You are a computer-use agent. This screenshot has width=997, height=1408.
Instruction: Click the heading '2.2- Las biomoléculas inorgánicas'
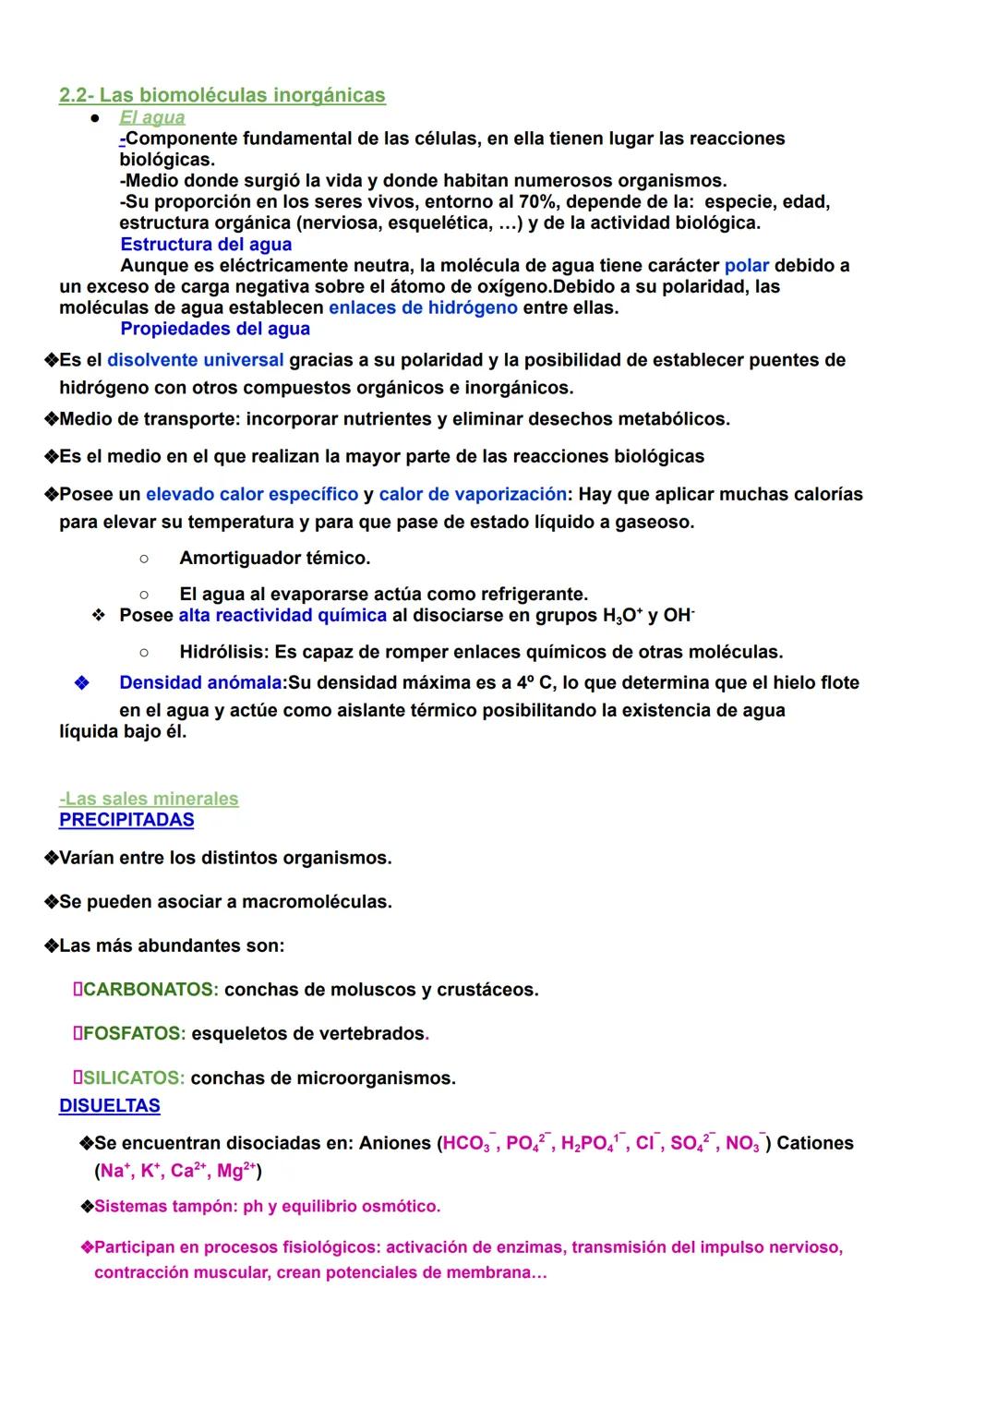[x=222, y=95]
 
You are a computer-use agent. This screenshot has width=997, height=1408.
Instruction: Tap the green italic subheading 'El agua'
[x=152, y=117]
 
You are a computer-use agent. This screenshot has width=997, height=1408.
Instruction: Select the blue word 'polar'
[x=746, y=266]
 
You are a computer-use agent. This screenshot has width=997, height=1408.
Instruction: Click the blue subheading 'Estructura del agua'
[x=206, y=245]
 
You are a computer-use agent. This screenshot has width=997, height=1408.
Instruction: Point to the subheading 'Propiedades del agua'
[x=215, y=329]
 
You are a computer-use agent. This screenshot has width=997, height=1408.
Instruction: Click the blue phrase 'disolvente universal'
[x=196, y=360]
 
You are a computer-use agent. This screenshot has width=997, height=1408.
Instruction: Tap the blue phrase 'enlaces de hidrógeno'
[x=423, y=307]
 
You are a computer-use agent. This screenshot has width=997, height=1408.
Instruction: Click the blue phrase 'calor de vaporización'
[x=473, y=495]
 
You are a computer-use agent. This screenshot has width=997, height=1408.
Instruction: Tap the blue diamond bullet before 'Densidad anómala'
[x=81, y=683]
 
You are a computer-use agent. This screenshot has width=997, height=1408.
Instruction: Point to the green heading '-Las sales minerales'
[x=149, y=799]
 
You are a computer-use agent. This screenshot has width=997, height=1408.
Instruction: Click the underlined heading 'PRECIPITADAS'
[x=126, y=820]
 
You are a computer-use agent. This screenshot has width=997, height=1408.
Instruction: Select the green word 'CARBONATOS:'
[x=150, y=990]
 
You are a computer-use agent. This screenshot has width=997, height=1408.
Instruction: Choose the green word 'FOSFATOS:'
[x=134, y=1034]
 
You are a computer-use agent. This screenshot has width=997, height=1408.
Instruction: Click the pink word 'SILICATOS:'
[x=134, y=1078]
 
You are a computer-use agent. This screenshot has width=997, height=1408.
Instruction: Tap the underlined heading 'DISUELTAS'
[x=109, y=1106]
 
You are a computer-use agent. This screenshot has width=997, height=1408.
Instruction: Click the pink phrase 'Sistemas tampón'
[x=162, y=1207]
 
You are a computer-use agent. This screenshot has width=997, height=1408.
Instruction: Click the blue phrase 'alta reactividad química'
[x=282, y=616]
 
